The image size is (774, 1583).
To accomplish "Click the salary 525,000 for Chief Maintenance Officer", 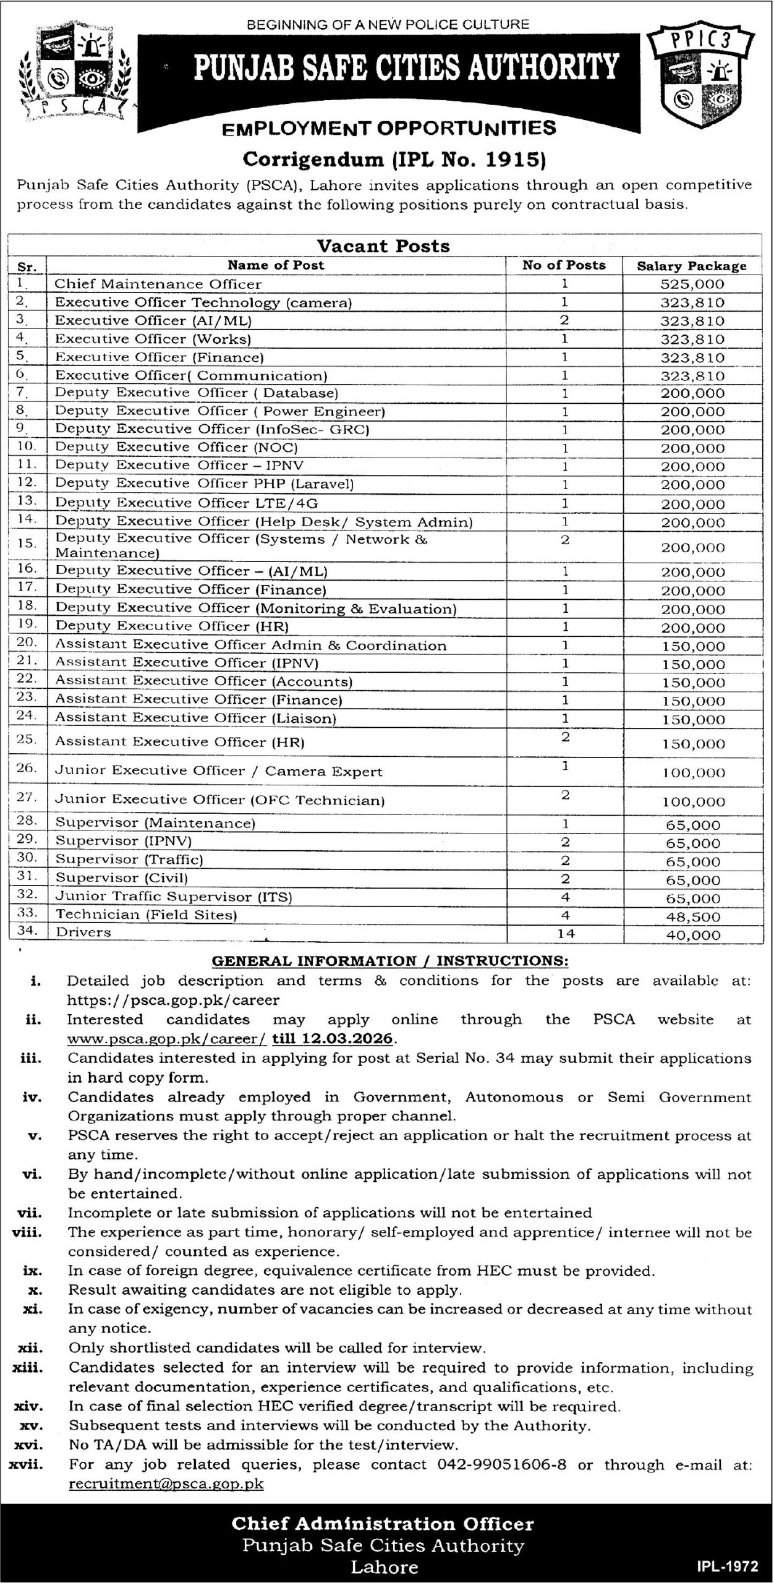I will (x=692, y=284).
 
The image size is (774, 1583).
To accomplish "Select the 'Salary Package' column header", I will (x=692, y=267).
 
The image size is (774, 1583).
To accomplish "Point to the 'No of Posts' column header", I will (x=564, y=266).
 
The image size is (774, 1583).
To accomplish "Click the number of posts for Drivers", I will (x=566, y=934).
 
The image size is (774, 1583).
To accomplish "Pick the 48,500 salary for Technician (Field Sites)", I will (x=693, y=916).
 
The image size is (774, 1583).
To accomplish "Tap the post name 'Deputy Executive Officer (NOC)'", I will (x=177, y=447).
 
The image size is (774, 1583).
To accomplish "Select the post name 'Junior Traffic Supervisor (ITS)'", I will (x=174, y=897).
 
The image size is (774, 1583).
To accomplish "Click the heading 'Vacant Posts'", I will (x=383, y=246).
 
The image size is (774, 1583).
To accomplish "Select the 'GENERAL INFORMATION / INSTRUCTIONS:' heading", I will (x=390, y=961).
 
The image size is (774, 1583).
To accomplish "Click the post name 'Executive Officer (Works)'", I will (x=153, y=339).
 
